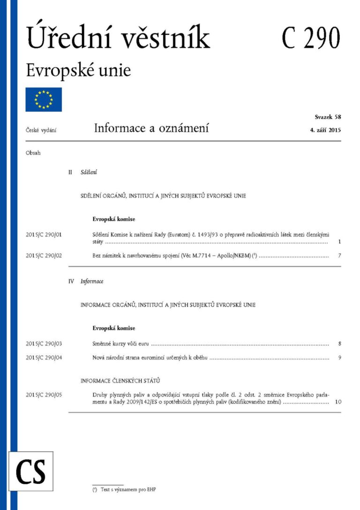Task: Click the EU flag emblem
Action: click(44, 99)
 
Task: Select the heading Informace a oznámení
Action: click(151, 128)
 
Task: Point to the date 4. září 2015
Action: click(322, 130)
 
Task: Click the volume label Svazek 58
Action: click(328, 116)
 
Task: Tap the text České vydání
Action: click(41, 130)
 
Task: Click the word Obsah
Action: click(33, 152)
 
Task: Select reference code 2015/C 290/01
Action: click(44, 234)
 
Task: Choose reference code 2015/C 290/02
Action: click(44, 256)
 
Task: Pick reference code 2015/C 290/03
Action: click(44, 344)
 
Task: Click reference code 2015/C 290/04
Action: click(44, 358)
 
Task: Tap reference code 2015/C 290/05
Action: click(44, 395)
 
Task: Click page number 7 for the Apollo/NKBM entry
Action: click(339, 256)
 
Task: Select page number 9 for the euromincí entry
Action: click(339, 358)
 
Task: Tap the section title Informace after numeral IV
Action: click(92, 282)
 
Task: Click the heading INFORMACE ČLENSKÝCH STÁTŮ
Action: click(121, 380)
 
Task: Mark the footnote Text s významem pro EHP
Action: click(127, 490)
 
